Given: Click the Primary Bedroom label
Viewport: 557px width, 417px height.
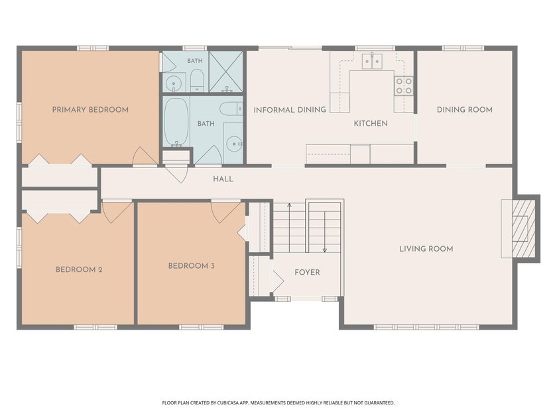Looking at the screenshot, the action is pos(90,110).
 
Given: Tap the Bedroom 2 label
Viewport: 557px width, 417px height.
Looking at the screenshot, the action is pos(79,269).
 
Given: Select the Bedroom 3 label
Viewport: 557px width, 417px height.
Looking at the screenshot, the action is pos(192,265).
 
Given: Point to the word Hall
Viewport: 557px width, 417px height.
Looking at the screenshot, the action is pos(223,179).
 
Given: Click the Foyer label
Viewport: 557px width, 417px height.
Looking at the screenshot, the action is pos(307,272).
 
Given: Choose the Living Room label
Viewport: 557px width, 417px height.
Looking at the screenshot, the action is pos(426,249).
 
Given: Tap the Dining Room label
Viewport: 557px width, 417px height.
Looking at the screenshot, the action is pos(465,110).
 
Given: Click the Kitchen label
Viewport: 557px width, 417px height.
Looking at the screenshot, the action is pos(371,123).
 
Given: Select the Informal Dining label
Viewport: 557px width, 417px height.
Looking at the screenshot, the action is pos(290,110).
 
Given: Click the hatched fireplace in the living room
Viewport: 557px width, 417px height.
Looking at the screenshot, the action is pos(523,229).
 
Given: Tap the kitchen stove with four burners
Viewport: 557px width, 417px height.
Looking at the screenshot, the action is pos(404,86).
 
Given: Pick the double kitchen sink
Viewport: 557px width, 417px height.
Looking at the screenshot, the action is pos(372,61).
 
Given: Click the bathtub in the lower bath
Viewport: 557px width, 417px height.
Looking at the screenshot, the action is pos(176,122).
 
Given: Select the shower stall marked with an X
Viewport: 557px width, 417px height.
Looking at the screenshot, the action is pos(225,72).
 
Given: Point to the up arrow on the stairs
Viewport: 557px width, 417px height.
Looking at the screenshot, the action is pos(290,228).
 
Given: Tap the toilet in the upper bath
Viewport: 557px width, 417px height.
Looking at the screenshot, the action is pos(196,80).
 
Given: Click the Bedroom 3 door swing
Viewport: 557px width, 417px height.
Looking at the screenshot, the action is pos(225,212).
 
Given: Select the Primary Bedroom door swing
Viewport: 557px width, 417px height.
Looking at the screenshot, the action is pos(145,156).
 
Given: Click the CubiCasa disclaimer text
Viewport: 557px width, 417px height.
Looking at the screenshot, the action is pos(278,403).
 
